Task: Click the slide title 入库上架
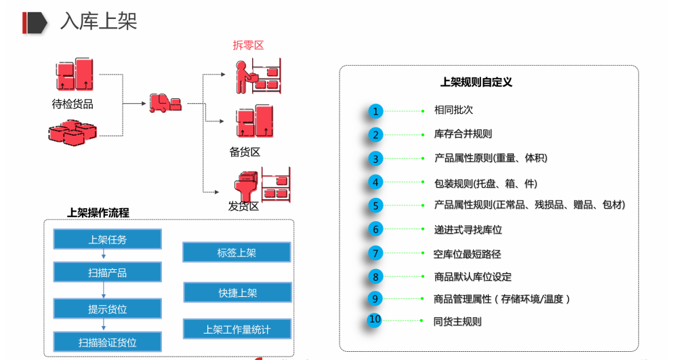coord(98,21)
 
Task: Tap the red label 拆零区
coord(248,45)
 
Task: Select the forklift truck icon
coord(165,103)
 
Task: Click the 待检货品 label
coord(73,104)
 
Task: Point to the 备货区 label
coord(245,152)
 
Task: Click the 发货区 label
coord(244,205)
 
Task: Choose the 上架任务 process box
coord(107,239)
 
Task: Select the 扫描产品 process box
coord(107,273)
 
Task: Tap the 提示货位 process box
coord(107,308)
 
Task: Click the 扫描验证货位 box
coord(107,342)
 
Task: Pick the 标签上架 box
coord(237,253)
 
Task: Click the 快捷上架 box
coord(237,293)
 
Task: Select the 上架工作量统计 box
coord(237,329)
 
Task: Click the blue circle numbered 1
coord(376,111)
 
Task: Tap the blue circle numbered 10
coord(375,320)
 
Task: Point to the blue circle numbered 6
coord(376,229)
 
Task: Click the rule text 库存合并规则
coord(463,134)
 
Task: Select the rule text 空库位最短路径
coord(467,254)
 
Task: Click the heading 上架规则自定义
coord(476,82)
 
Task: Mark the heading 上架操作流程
coord(98,212)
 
